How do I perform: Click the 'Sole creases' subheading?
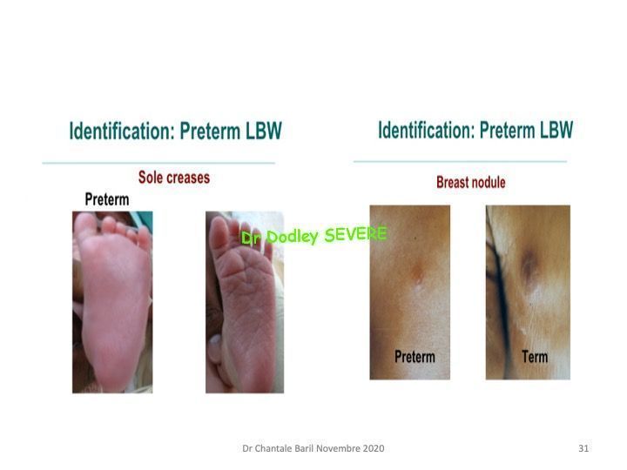tap(174, 178)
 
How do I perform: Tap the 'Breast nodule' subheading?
tap(470, 182)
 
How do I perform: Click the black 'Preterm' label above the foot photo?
tap(107, 199)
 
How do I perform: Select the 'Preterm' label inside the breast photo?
tap(415, 357)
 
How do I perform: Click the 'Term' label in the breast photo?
tap(535, 356)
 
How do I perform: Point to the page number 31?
tap(583, 448)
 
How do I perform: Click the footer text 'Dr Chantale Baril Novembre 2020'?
tap(313, 448)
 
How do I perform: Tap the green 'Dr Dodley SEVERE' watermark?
tap(314, 235)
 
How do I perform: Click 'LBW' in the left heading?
tap(264, 131)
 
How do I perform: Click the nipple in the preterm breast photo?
tap(417, 273)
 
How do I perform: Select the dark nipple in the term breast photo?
tap(529, 265)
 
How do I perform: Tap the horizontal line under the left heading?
tap(158, 163)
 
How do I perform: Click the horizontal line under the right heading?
tap(461, 162)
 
